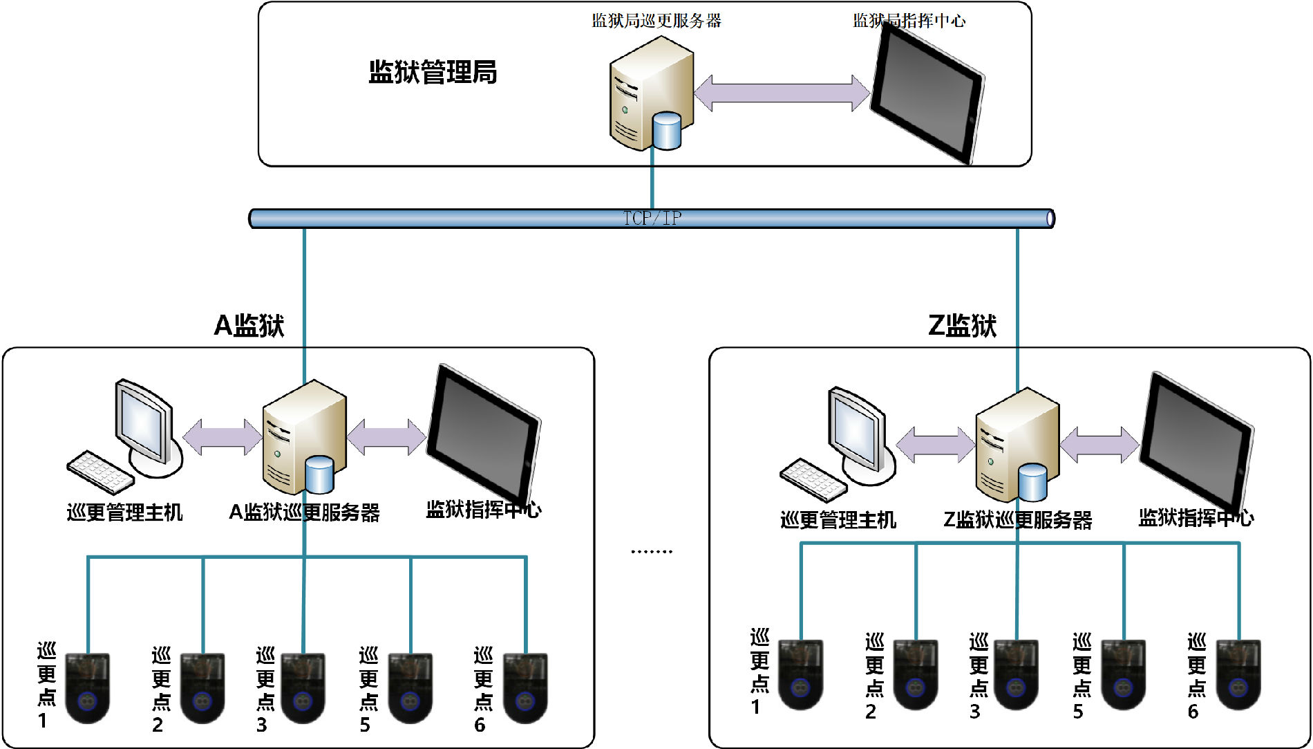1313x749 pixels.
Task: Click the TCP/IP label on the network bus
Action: click(652, 219)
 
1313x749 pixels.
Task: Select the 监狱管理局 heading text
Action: click(433, 72)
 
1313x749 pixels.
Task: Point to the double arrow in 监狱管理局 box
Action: click(782, 93)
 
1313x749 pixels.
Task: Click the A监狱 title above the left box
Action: click(249, 325)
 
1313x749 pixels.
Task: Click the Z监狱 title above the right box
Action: click(962, 325)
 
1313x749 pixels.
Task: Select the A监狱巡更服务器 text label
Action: click(304, 512)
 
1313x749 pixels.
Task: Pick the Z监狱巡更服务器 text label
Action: click(1017, 520)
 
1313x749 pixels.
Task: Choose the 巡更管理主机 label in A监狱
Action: click(124, 512)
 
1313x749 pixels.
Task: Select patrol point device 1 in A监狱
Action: click(88, 688)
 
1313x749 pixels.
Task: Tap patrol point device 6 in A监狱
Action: click(525, 688)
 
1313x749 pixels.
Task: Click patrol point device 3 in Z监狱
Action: click(1016, 674)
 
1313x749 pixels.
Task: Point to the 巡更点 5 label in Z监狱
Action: click(1081, 674)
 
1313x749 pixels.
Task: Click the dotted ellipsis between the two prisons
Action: click(651, 552)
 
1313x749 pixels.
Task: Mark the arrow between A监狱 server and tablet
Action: click(386, 437)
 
